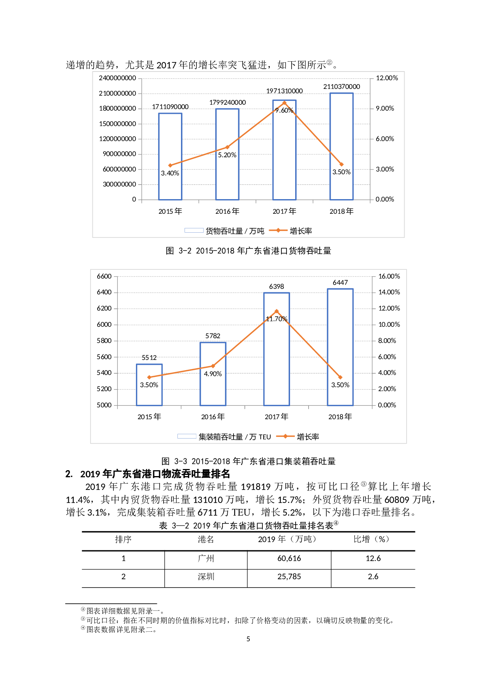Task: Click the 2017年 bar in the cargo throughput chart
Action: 284,150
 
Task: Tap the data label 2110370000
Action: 341,87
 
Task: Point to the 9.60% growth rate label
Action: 284,110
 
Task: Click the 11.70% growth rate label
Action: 276,319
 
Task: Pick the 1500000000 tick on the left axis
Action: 117,124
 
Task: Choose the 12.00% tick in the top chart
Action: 386,78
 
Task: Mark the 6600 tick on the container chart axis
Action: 104,276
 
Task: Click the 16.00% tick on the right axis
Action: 389,276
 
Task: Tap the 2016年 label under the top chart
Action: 227,211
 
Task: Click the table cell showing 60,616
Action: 289,558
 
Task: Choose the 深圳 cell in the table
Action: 206,576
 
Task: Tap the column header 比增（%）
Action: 371,539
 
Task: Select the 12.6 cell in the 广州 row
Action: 373,558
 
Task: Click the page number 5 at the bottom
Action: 248,639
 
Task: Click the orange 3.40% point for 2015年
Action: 170,165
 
